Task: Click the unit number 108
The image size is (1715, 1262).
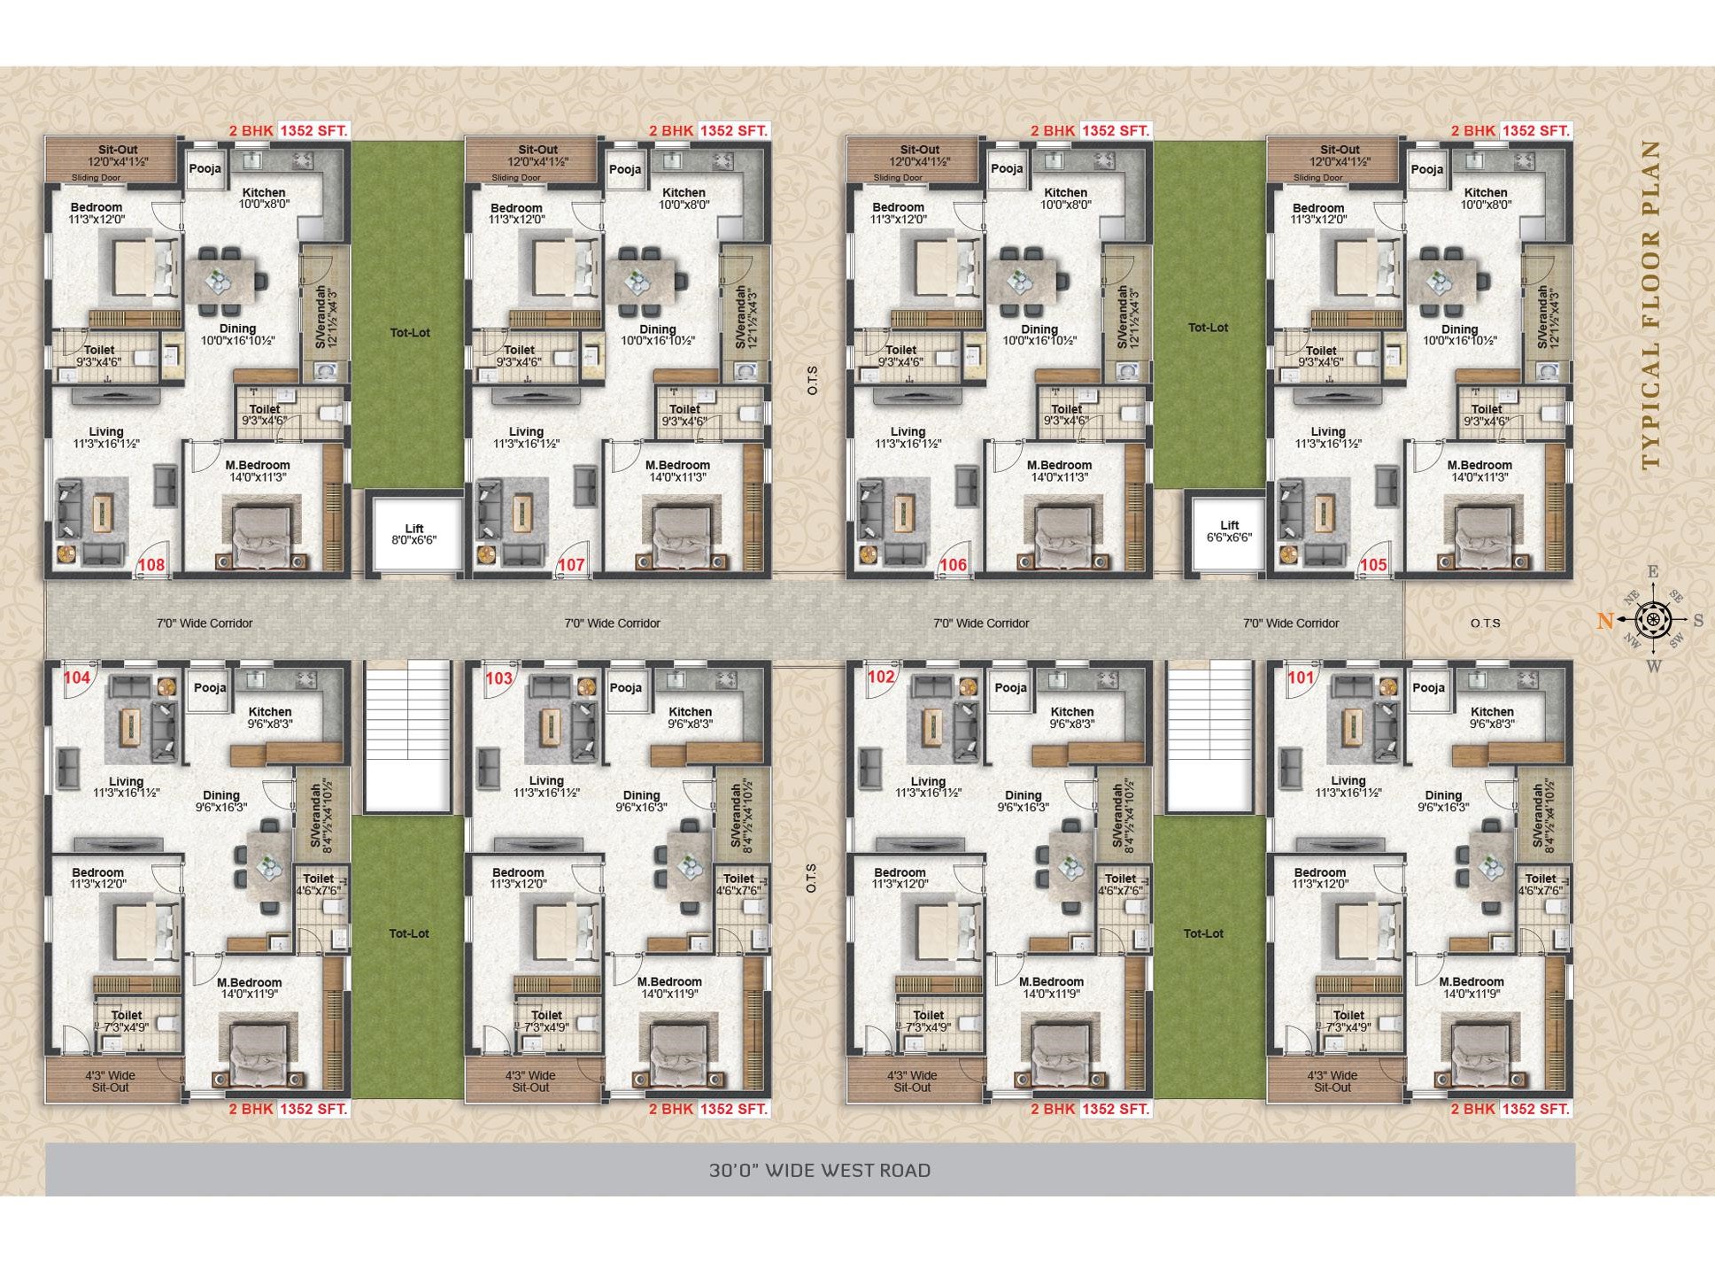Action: click(151, 565)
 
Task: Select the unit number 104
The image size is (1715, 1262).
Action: click(77, 677)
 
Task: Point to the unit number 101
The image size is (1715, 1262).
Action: click(1301, 677)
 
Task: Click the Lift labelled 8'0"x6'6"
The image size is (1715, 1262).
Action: click(414, 534)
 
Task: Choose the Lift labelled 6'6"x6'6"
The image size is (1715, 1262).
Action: click(1230, 531)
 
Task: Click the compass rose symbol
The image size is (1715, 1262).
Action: click(1652, 620)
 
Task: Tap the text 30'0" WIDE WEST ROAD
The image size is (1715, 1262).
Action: click(820, 1170)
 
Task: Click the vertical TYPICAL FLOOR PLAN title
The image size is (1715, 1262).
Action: click(1650, 305)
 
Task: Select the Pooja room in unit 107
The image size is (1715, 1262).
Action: click(625, 169)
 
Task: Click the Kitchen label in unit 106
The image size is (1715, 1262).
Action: click(1066, 192)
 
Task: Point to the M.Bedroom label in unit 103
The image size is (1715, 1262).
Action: click(669, 981)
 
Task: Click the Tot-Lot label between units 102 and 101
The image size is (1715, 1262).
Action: click(1204, 933)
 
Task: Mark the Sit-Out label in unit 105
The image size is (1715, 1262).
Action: click(1340, 150)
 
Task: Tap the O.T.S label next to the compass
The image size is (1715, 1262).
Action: click(1486, 623)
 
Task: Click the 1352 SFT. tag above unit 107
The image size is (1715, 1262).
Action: click(734, 130)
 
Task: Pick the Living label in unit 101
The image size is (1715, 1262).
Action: click(1348, 780)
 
